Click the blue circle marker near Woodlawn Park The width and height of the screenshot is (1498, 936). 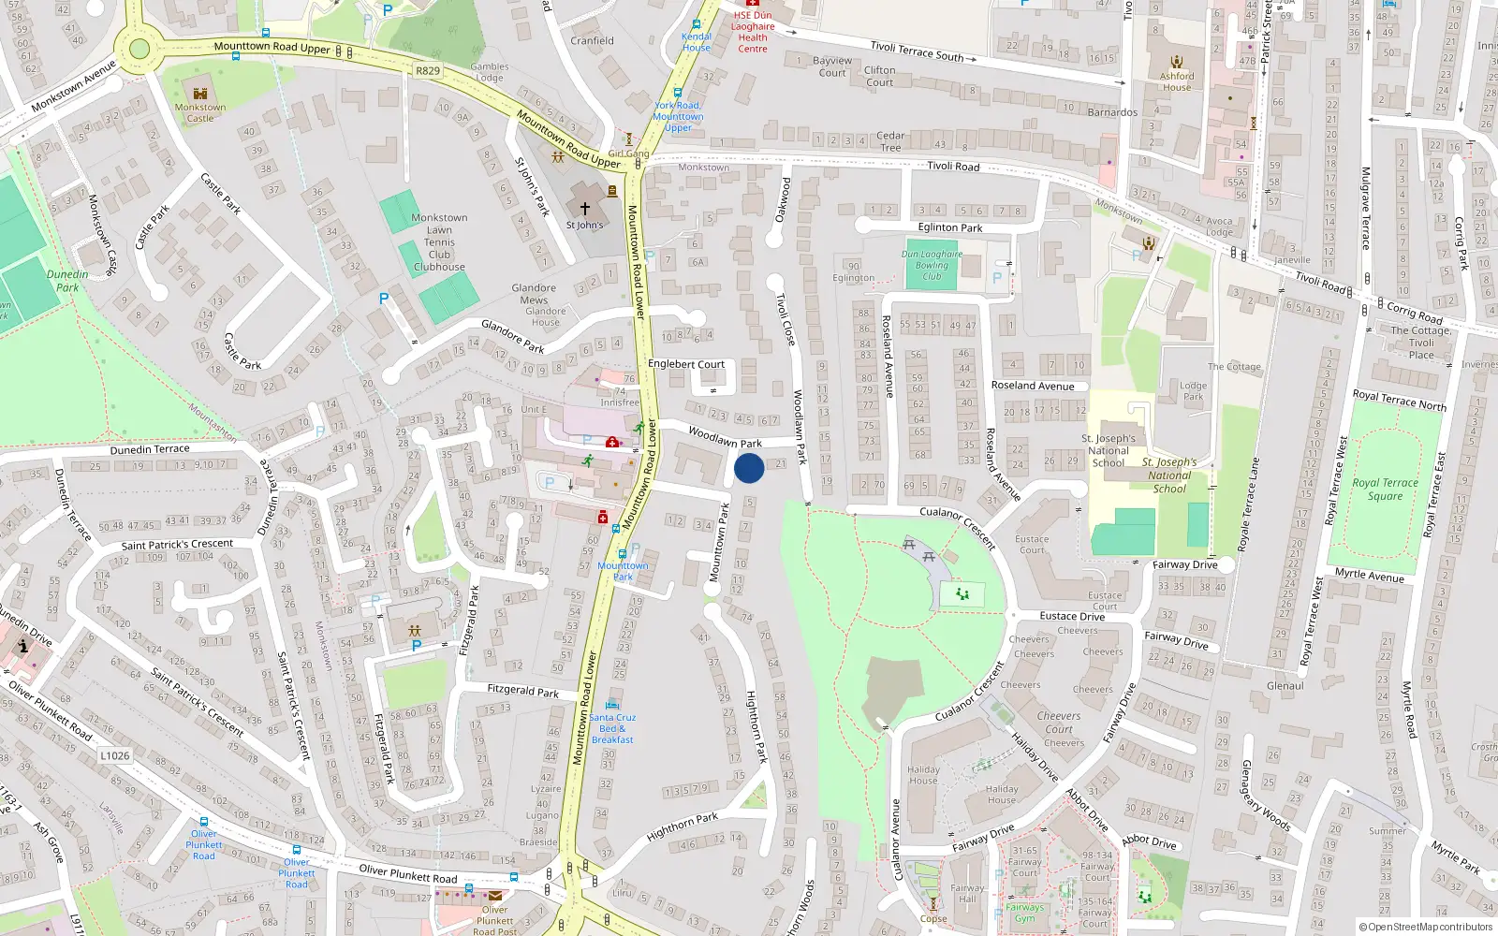pyautogui.click(x=749, y=467)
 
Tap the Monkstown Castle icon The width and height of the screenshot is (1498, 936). pyautogui.click(x=199, y=94)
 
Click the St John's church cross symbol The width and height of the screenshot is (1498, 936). pyautogui.click(x=585, y=209)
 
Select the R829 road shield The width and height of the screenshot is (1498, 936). pyautogui.click(x=428, y=70)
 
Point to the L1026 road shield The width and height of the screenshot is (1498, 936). pyautogui.click(x=114, y=755)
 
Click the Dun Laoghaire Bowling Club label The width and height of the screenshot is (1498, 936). pyautogui.click(x=932, y=265)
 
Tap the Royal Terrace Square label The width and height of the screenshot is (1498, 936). pyautogui.click(x=1385, y=490)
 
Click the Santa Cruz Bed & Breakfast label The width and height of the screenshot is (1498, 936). pyautogui.click(x=612, y=728)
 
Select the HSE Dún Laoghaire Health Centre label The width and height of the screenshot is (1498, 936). pyautogui.click(x=753, y=32)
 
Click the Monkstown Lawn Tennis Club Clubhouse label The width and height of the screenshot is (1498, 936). pyautogui.click(x=439, y=242)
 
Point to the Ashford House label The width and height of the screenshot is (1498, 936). pyautogui.click(x=1177, y=81)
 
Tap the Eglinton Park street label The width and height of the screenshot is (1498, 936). pyautogui.click(x=949, y=227)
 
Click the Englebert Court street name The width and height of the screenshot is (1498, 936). pyautogui.click(x=686, y=364)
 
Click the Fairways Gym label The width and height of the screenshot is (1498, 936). pyautogui.click(x=1024, y=913)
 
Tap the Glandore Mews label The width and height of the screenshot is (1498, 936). pyautogui.click(x=534, y=294)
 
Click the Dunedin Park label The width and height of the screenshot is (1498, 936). pyautogui.click(x=67, y=281)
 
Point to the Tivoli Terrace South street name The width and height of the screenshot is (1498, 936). pyautogui.click(x=917, y=51)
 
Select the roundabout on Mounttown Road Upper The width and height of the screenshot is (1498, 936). pyautogui.click(x=139, y=50)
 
